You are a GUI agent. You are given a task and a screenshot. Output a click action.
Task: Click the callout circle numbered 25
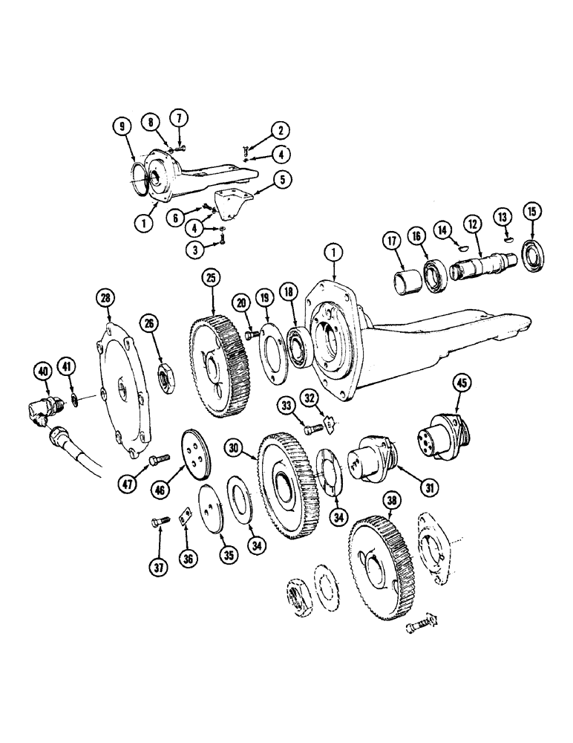pos(212,279)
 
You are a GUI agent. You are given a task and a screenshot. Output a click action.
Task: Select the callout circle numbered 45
pos(462,383)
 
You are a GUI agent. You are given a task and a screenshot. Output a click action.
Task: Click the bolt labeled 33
pos(315,428)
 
